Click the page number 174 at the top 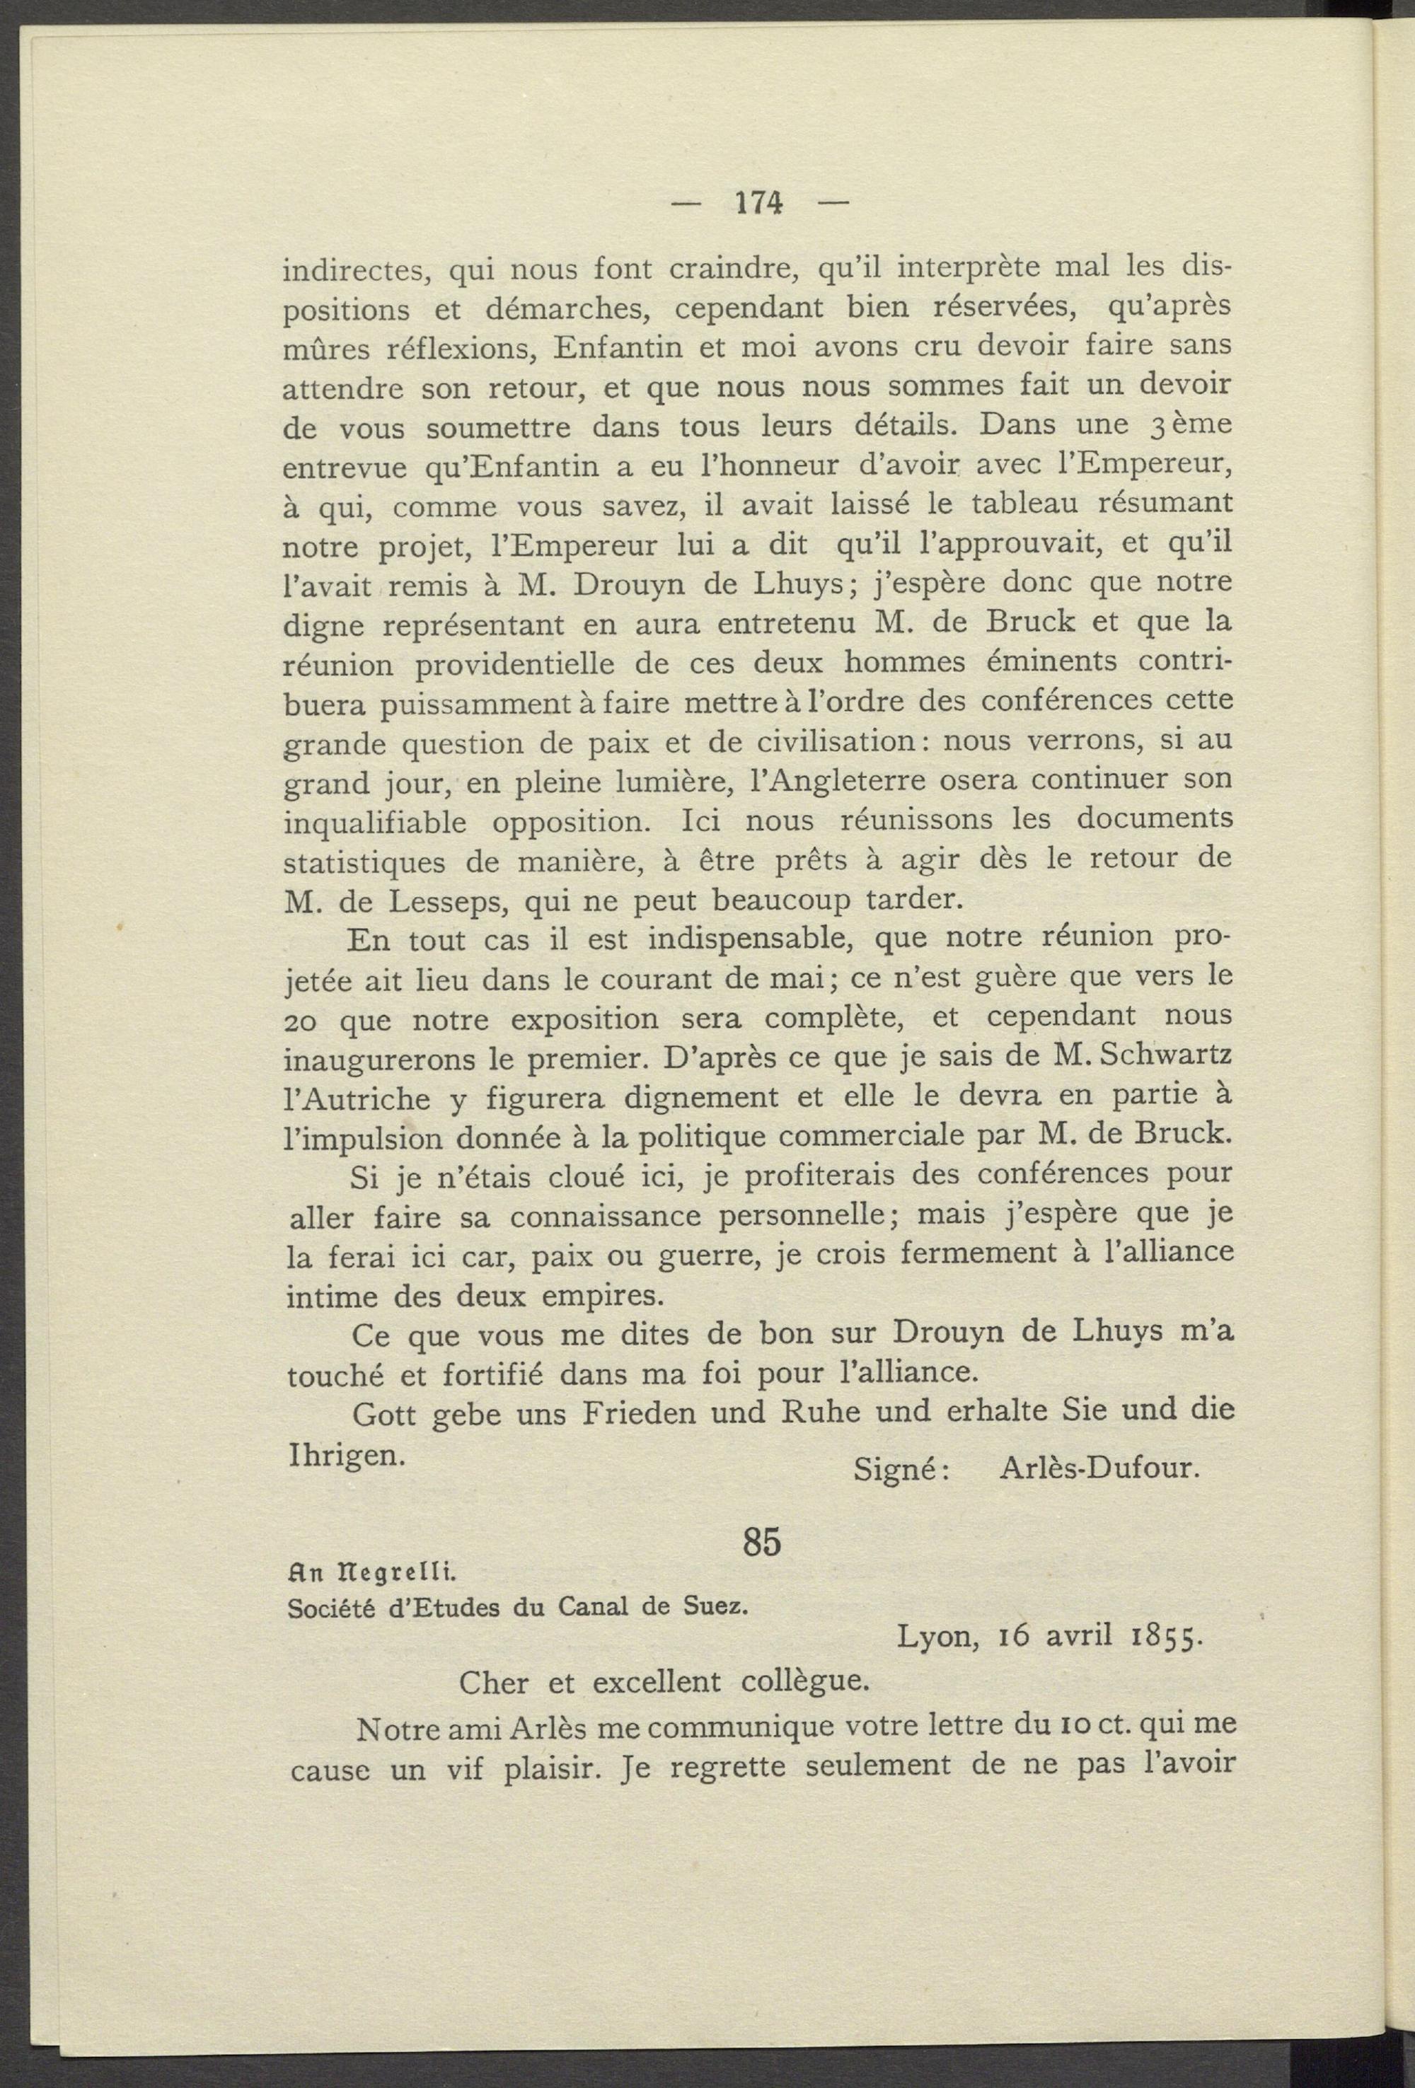(759, 204)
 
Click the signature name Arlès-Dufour (1099, 1469)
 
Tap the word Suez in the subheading (715, 1606)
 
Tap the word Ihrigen (344, 1454)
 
